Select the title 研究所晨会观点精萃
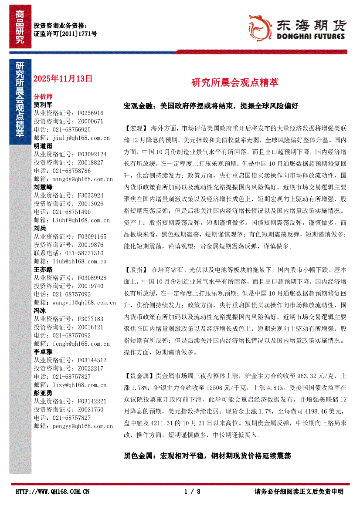tap(235, 83)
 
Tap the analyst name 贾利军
tap(43, 105)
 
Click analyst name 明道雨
tap(43, 146)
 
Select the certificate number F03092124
tap(92, 154)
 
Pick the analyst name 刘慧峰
tap(43, 187)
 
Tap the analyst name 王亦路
tap(43, 270)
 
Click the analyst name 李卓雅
tap(43, 352)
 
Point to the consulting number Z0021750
tap(91, 409)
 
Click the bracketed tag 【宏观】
tap(136, 129)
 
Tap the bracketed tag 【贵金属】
tap(139, 376)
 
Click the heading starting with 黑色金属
tap(207, 456)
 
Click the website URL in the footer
tap(52, 492)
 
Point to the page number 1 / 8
tap(192, 492)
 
